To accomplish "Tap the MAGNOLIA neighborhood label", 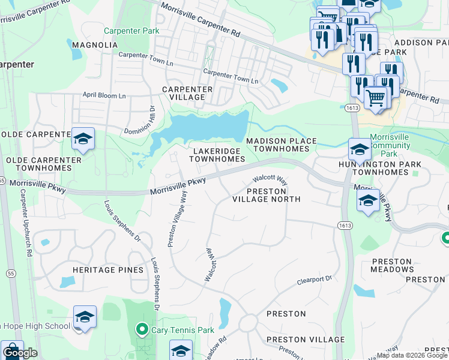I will pyautogui.click(x=94, y=45).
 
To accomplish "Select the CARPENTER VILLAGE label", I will pyautogui.click(x=187, y=93).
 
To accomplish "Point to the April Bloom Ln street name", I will pyautogui.click(x=104, y=95).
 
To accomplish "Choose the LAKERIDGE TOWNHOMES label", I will pyautogui.click(x=217, y=155).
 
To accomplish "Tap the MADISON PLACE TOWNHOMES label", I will pyautogui.click(x=281, y=145).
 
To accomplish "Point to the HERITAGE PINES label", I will pyautogui.click(x=108, y=270).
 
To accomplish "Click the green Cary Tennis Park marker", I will pyautogui.click(x=142, y=329).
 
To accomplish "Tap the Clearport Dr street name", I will pyautogui.click(x=315, y=281).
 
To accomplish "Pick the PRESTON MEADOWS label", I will pyautogui.click(x=393, y=266).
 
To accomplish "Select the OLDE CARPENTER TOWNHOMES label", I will pyautogui.click(x=43, y=164).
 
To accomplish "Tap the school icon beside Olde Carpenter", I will pyautogui.click(x=83, y=140).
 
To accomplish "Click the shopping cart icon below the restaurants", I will pyautogui.click(x=375, y=97).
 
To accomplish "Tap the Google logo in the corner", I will pyautogui.click(x=20, y=352).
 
